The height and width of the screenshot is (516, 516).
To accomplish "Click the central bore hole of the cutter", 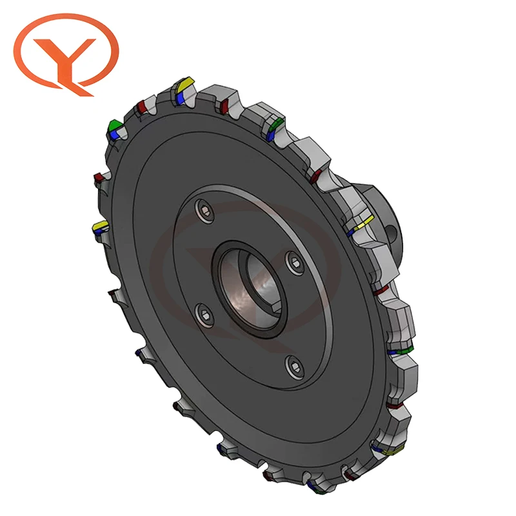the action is [x=250, y=290].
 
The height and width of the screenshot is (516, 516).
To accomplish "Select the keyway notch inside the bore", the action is [x=277, y=308].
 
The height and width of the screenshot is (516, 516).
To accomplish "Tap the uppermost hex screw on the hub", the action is [x=204, y=211].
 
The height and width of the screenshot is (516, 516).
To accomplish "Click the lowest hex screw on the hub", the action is [x=295, y=367].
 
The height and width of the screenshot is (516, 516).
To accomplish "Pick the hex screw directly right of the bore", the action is [x=295, y=263].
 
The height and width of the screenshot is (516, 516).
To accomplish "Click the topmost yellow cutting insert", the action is [x=185, y=84].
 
